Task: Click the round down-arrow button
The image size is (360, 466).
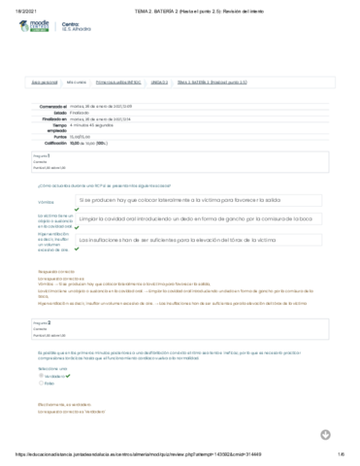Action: (x=326, y=434)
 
